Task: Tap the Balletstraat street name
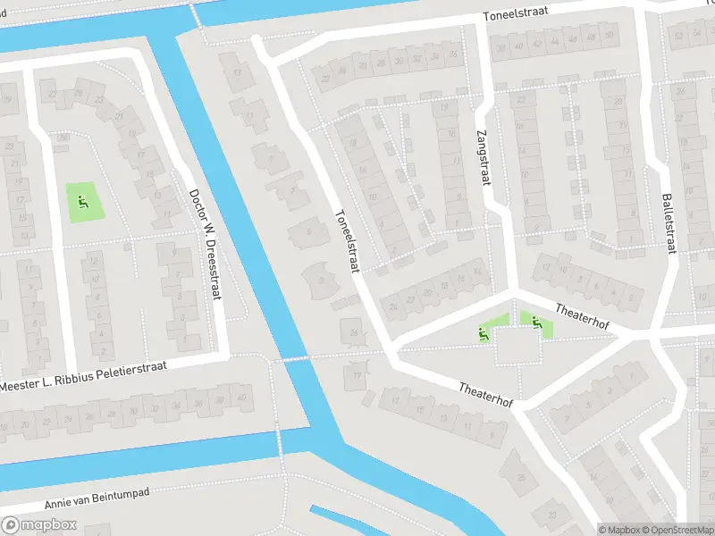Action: point(667,222)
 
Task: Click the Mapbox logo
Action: point(38,525)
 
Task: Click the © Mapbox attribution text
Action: point(620,529)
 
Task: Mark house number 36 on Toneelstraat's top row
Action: point(453,54)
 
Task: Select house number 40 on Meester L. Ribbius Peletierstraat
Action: point(241,398)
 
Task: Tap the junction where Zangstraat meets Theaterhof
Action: point(513,289)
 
